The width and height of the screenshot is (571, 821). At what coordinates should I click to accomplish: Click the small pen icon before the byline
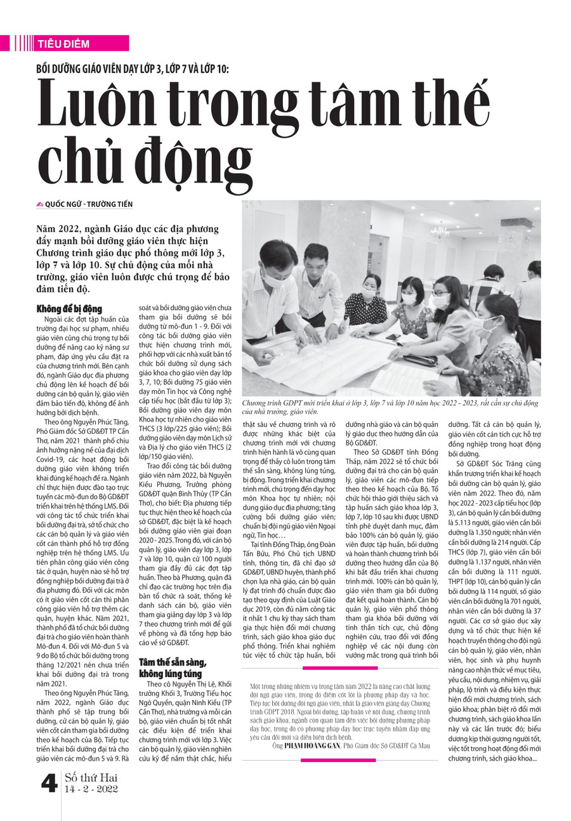(40, 204)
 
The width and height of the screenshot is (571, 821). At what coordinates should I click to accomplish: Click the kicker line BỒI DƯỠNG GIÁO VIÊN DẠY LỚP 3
(136, 68)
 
